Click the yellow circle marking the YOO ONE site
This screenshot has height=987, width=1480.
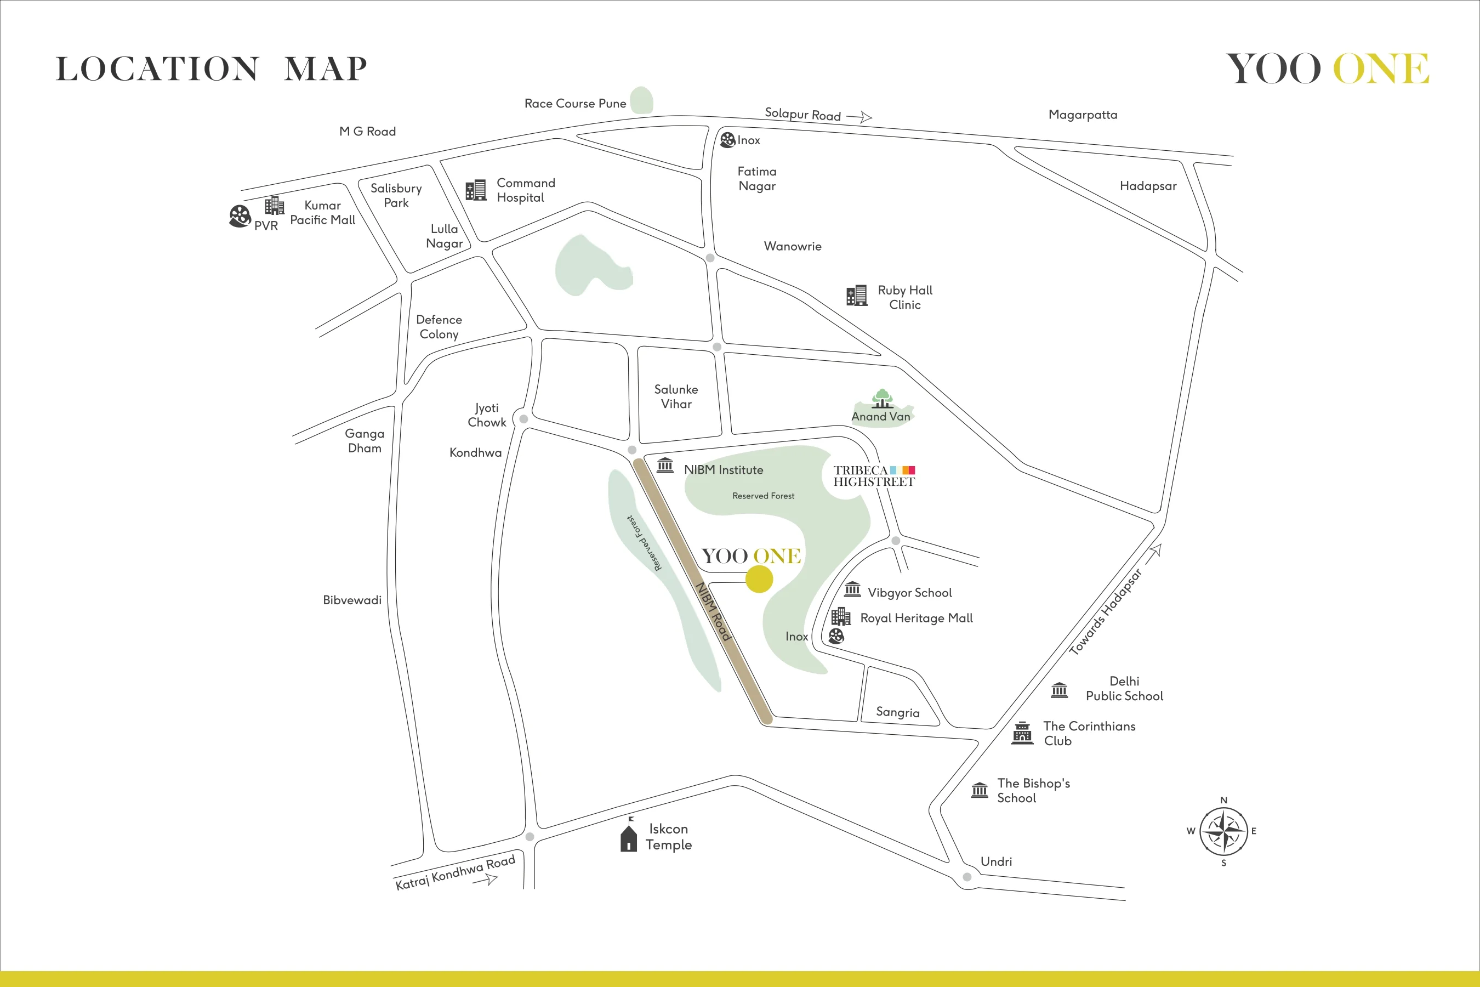pos(759,579)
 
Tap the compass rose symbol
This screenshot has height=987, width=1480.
pos(1223,831)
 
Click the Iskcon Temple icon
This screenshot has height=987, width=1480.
pos(629,835)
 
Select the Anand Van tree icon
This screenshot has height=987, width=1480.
pos(882,399)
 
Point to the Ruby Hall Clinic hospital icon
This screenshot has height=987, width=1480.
pos(856,295)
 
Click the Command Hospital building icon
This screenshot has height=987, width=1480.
pos(476,190)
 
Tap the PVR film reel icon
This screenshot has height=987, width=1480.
pos(240,216)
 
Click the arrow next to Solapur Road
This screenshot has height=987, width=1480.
pos(859,117)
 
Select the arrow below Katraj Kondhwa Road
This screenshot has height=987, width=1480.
pos(485,880)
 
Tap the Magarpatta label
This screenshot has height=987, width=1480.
pos(1082,115)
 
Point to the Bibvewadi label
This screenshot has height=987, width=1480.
pos(352,600)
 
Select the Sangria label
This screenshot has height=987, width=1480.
pos(897,712)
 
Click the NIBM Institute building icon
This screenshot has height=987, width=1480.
pos(665,466)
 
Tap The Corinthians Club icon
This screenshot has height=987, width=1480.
pos(1022,733)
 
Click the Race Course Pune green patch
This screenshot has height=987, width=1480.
pos(641,100)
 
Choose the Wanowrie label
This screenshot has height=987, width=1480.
pos(792,246)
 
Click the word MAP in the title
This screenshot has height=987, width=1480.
pos(325,69)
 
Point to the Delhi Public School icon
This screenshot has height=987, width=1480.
pos(1059,690)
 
